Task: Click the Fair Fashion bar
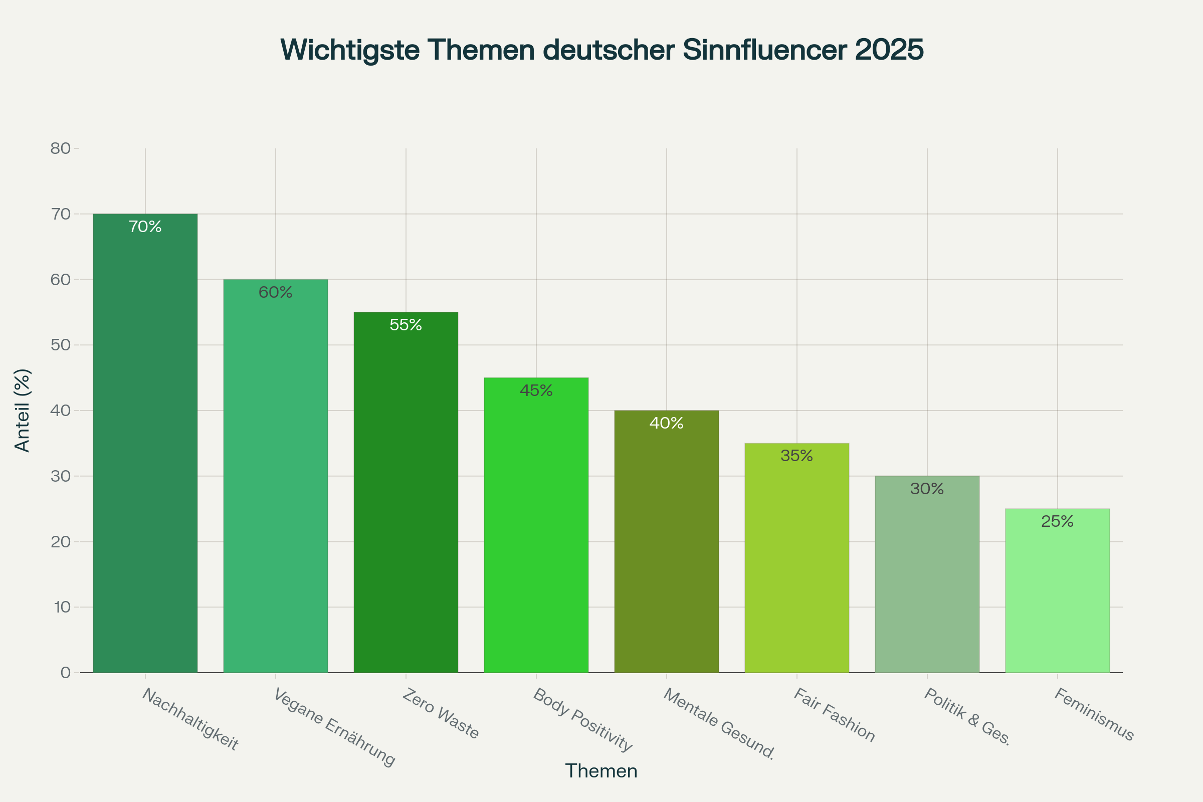pyautogui.click(x=796, y=557)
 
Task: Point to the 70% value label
pyautogui.click(x=145, y=227)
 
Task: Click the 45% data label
pyautogui.click(x=536, y=391)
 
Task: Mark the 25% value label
pyautogui.click(x=1057, y=522)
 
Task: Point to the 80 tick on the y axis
pyautogui.click(x=60, y=149)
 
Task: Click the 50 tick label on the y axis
pyautogui.click(x=60, y=345)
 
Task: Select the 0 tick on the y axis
pyautogui.click(x=66, y=673)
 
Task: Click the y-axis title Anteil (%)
pyautogui.click(x=23, y=410)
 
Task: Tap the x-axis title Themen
pyautogui.click(x=601, y=771)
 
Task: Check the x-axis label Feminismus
pyautogui.click(x=1094, y=715)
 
